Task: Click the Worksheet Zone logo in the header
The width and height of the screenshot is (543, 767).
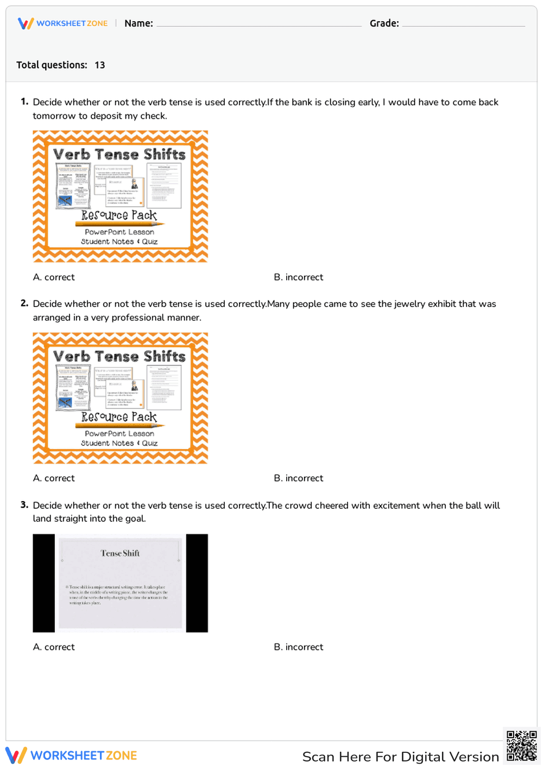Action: (x=63, y=23)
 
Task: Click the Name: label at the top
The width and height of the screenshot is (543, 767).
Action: (x=138, y=23)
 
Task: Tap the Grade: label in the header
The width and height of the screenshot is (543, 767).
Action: (x=384, y=23)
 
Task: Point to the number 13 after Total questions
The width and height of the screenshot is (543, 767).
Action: (x=99, y=65)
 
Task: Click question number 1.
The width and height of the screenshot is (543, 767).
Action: (x=24, y=101)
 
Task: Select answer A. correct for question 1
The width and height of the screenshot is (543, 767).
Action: (x=54, y=277)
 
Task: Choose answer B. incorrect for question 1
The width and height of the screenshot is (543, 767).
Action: (x=298, y=277)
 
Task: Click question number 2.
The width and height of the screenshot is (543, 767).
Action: (x=24, y=303)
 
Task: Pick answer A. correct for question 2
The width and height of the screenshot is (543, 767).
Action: (x=54, y=478)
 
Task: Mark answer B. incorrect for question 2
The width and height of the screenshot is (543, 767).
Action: (x=298, y=478)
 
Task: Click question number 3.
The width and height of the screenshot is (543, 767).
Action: (x=24, y=504)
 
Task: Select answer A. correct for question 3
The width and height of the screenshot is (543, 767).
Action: (x=54, y=647)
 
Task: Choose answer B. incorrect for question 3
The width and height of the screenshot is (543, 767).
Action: (x=298, y=647)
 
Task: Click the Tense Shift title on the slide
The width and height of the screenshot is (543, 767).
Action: (x=120, y=553)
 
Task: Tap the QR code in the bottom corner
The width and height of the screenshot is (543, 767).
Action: (x=521, y=746)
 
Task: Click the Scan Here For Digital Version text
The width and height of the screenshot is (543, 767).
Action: (x=400, y=757)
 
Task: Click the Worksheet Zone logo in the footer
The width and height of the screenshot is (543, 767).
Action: (x=71, y=756)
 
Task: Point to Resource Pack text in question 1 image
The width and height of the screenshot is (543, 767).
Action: (x=119, y=215)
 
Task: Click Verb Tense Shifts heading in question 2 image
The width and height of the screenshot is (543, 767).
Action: (x=119, y=356)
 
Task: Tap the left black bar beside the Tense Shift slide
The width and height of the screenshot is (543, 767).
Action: (x=44, y=583)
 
